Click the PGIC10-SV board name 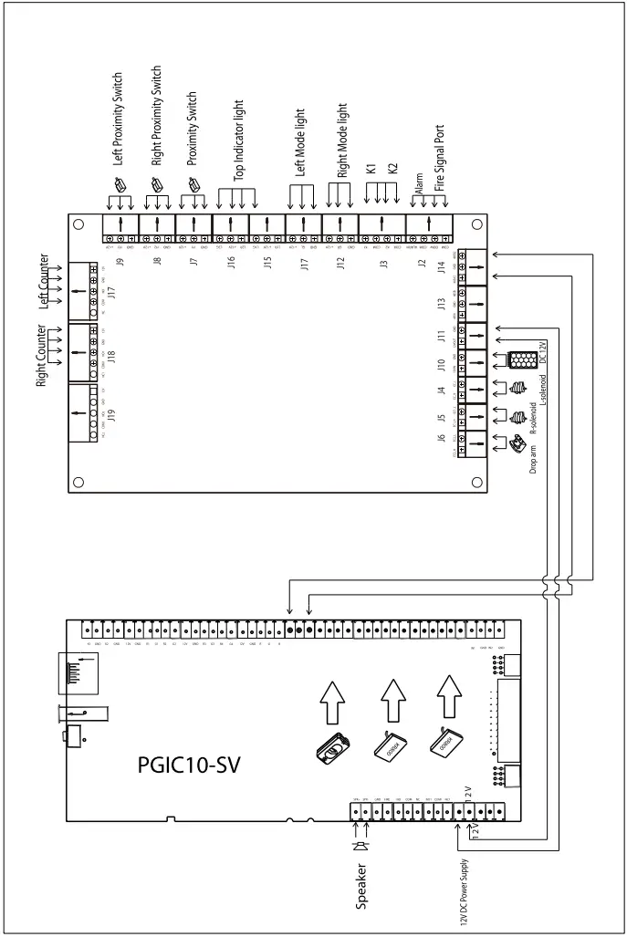(x=189, y=763)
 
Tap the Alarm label (x=419, y=182)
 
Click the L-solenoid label (x=540, y=384)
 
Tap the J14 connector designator (x=442, y=266)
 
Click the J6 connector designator (x=442, y=440)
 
